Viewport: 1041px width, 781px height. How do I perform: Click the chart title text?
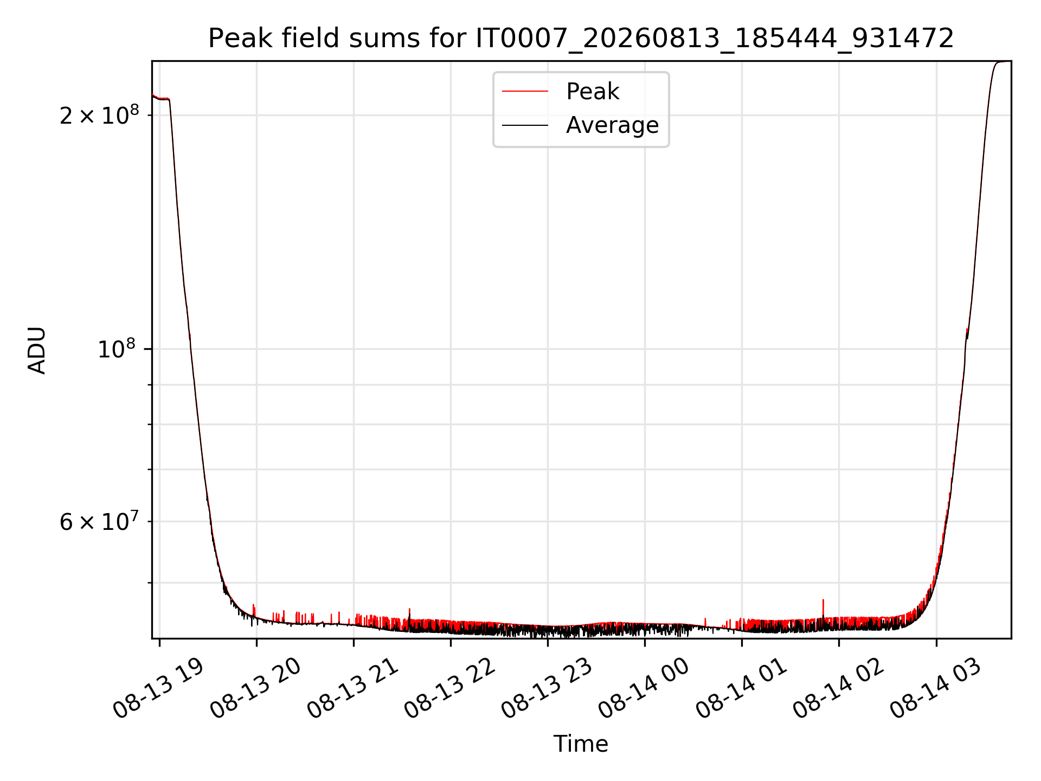[x=581, y=39]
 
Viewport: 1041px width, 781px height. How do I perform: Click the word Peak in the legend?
[x=592, y=92]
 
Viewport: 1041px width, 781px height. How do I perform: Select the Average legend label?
[x=612, y=125]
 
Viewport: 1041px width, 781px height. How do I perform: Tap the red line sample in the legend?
[x=525, y=92]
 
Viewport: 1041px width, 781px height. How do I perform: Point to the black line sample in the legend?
[x=525, y=125]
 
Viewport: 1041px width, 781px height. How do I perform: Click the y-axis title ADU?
[x=37, y=350]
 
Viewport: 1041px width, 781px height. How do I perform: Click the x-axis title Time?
[x=581, y=744]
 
